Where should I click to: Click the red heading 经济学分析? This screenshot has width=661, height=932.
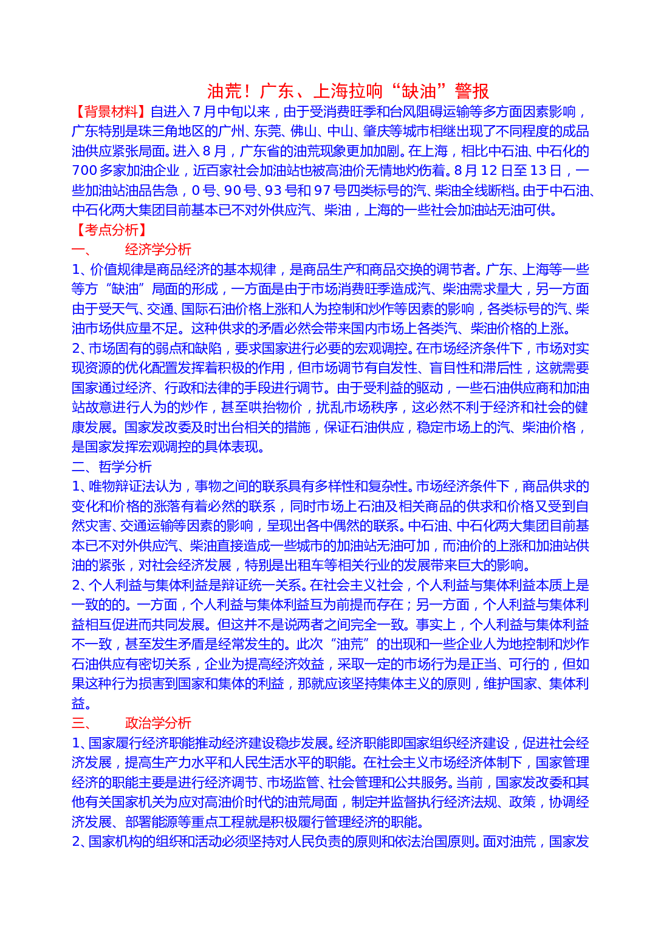(x=158, y=250)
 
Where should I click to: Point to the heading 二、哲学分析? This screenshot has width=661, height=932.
(x=112, y=467)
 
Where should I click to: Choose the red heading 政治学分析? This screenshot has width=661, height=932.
(x=158, y=723)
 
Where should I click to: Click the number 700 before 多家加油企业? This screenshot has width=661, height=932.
(x=84, y=171)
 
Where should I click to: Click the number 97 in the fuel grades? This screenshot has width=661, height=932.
(x=322, y=191)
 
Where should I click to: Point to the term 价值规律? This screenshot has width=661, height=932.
(x=117, y=270)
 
